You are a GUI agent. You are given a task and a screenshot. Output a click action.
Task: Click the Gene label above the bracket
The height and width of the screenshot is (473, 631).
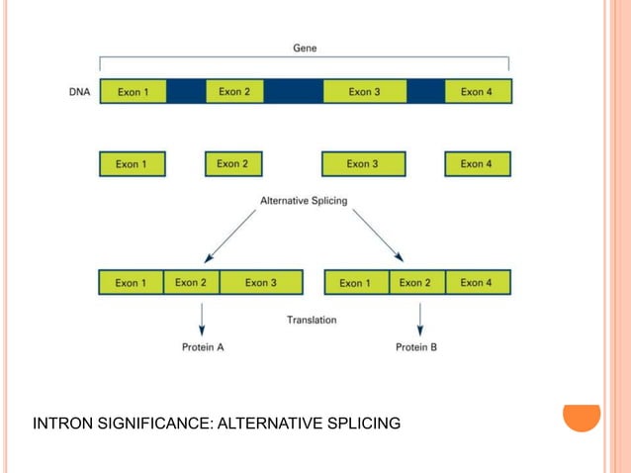(x=305, y=47)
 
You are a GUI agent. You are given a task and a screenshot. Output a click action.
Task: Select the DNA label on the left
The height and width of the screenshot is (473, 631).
(x=80, y=92)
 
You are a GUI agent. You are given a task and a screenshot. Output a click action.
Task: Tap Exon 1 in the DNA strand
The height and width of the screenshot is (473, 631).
(x=134, y=92)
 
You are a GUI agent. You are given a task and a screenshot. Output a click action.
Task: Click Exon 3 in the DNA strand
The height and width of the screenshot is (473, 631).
(x=364, y=92)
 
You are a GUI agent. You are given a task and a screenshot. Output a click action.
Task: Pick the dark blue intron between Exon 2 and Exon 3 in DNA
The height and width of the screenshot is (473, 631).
(x=293, y=92)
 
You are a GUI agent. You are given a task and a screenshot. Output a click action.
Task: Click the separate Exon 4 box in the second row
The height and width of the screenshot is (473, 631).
(x=477, y=163)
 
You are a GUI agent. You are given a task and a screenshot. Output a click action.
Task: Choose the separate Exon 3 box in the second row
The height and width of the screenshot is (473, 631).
(x=363, y=163)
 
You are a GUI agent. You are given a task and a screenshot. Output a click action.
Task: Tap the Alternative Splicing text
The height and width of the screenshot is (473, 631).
(x=304, y=200)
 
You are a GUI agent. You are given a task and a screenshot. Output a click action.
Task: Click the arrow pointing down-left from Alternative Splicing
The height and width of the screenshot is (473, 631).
(x=228, y=234)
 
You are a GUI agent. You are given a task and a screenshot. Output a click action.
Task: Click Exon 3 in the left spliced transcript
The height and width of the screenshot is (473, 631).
(x=261, y=283)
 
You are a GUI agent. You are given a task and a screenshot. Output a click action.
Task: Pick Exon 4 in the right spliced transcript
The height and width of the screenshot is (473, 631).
(x=477, y=283)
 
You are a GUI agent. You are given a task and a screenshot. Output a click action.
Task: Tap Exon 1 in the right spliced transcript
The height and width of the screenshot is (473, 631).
(x=357, y=283)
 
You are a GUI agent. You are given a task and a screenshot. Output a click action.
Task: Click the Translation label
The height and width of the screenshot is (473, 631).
(x=312, y=320)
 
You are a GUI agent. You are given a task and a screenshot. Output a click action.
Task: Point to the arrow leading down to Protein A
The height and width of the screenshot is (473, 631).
(x=202, y=318)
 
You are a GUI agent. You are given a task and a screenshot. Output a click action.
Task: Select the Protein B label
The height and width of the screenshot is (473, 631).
(x=416, y=347)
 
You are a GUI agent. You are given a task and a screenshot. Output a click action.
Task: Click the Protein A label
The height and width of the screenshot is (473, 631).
(x=203, y=347)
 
